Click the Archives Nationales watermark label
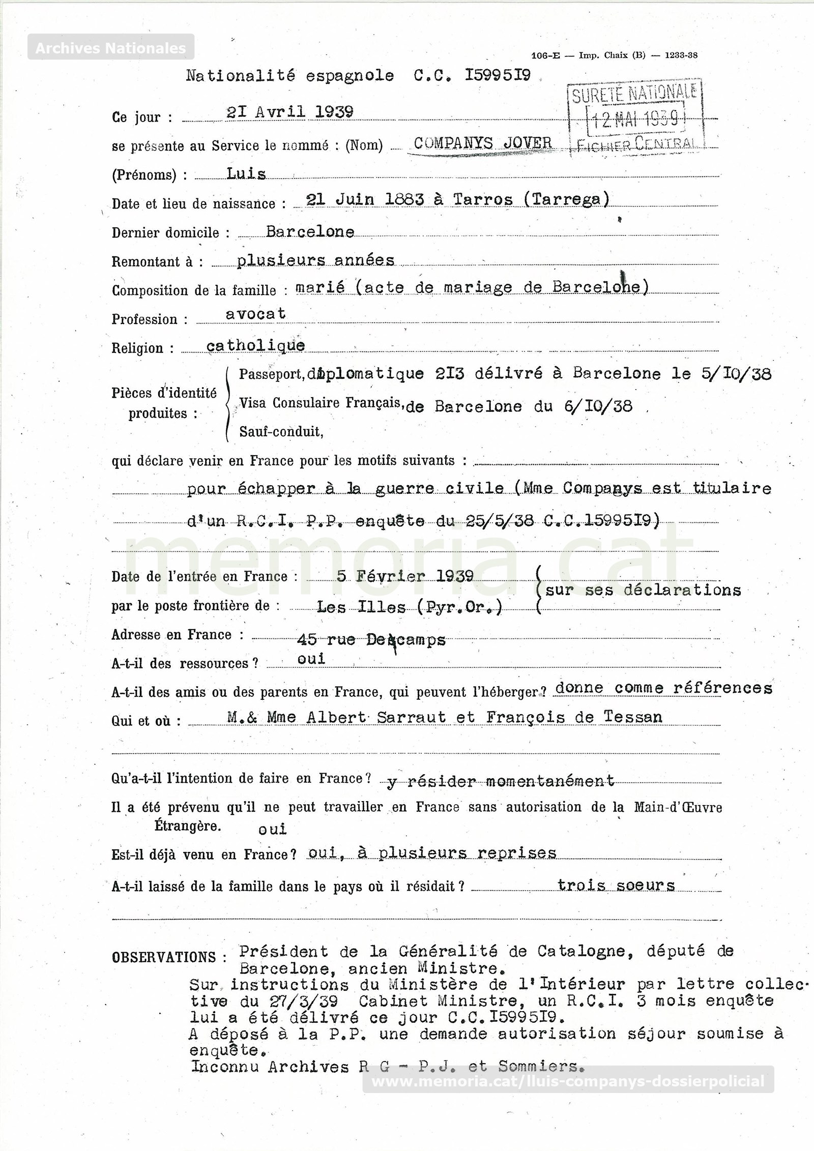pos(110,48)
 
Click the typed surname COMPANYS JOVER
pos(483,143)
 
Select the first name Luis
pos(246,174)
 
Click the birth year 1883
pos(404,199)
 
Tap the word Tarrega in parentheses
pos(566,199)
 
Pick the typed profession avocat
pos(255,314)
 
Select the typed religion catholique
pos(255,346)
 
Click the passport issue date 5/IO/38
pos(736,374)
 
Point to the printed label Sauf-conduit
pos(281,432)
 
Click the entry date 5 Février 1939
pos(405,576)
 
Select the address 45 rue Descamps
pos(371,640)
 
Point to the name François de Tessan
pos(574,717)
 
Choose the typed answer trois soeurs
pos(616,886)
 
